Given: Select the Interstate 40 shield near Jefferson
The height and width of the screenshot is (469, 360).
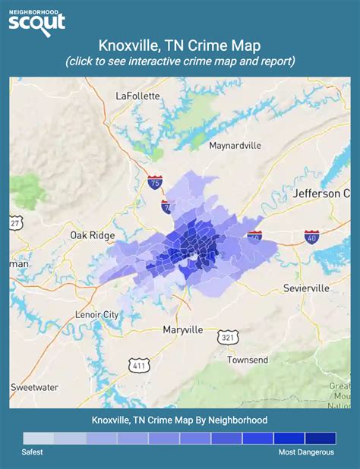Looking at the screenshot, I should click(x=311, y=237).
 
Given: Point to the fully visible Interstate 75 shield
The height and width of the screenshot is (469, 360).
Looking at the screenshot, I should click(x=155, y=182).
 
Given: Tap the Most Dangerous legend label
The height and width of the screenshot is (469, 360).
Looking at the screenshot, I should click(x=306, y=452).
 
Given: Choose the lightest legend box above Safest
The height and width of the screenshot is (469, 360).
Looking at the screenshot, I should click(x=38, y=438).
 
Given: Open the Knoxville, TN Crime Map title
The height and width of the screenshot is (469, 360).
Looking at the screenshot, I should click(x=180, y=47).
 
